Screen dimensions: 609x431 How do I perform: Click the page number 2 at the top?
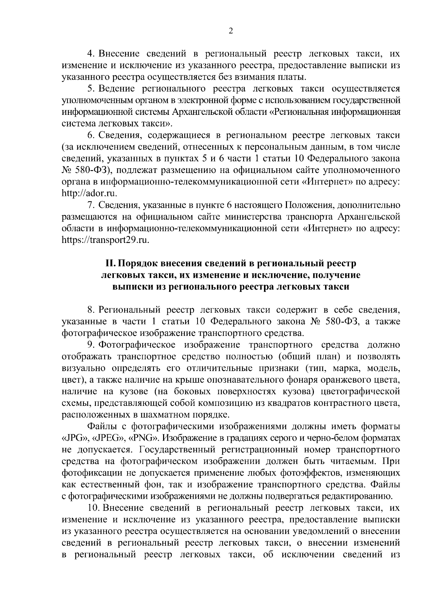click(x=231, y=31)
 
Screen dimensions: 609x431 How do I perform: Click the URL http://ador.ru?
click(x=90, y=193)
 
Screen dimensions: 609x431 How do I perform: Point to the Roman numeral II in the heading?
click(x=110, y=263)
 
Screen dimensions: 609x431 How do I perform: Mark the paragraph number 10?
click(x=93, y=508)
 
